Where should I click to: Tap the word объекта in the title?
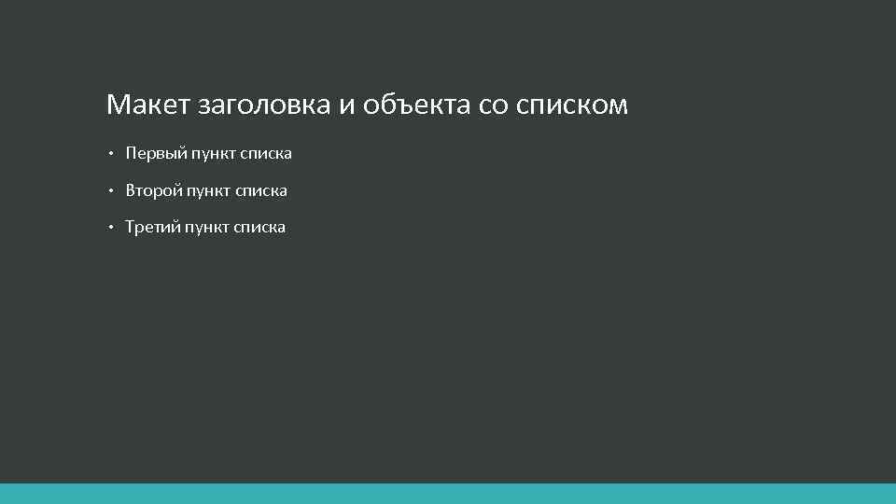[416, 105]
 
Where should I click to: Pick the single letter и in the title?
[346, 105]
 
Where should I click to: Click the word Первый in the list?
[156, 153]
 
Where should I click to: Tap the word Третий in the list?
[153, 227]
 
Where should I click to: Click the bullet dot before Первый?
[110, 153]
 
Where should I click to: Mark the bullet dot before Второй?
[110, 190]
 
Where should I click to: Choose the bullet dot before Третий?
[110, 227]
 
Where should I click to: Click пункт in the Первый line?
[214, 153]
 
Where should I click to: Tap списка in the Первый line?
[266, 153]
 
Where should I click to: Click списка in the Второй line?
[261, 190]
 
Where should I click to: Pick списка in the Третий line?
[259, 227]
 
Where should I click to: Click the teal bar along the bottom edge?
[448, 494]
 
